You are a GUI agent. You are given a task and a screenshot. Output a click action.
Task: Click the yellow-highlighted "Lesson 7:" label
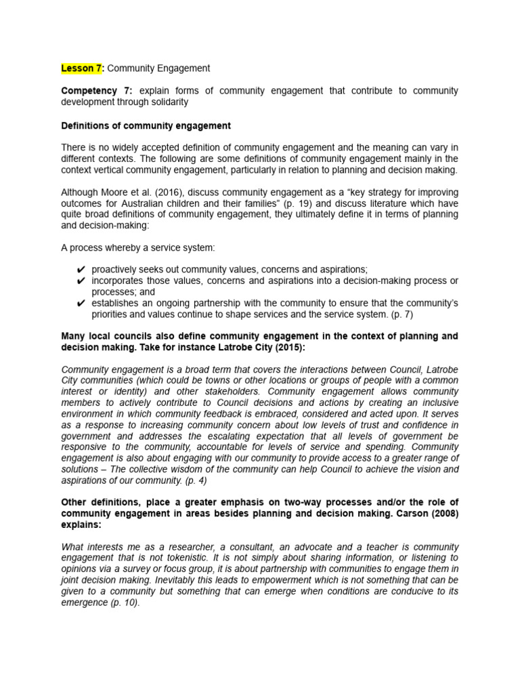[83, 68]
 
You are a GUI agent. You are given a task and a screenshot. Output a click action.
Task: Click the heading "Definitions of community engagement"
[146, 126]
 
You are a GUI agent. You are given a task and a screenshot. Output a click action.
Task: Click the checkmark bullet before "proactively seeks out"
[81, 270]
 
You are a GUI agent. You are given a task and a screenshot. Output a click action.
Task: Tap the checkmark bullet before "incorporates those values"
[81, 281]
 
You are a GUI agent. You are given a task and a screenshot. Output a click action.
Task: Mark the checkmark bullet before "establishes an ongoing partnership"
[81, 303]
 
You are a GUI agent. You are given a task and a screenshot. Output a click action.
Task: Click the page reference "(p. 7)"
[403, 314]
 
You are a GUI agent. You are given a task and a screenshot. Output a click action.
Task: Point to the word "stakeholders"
[220, 392]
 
